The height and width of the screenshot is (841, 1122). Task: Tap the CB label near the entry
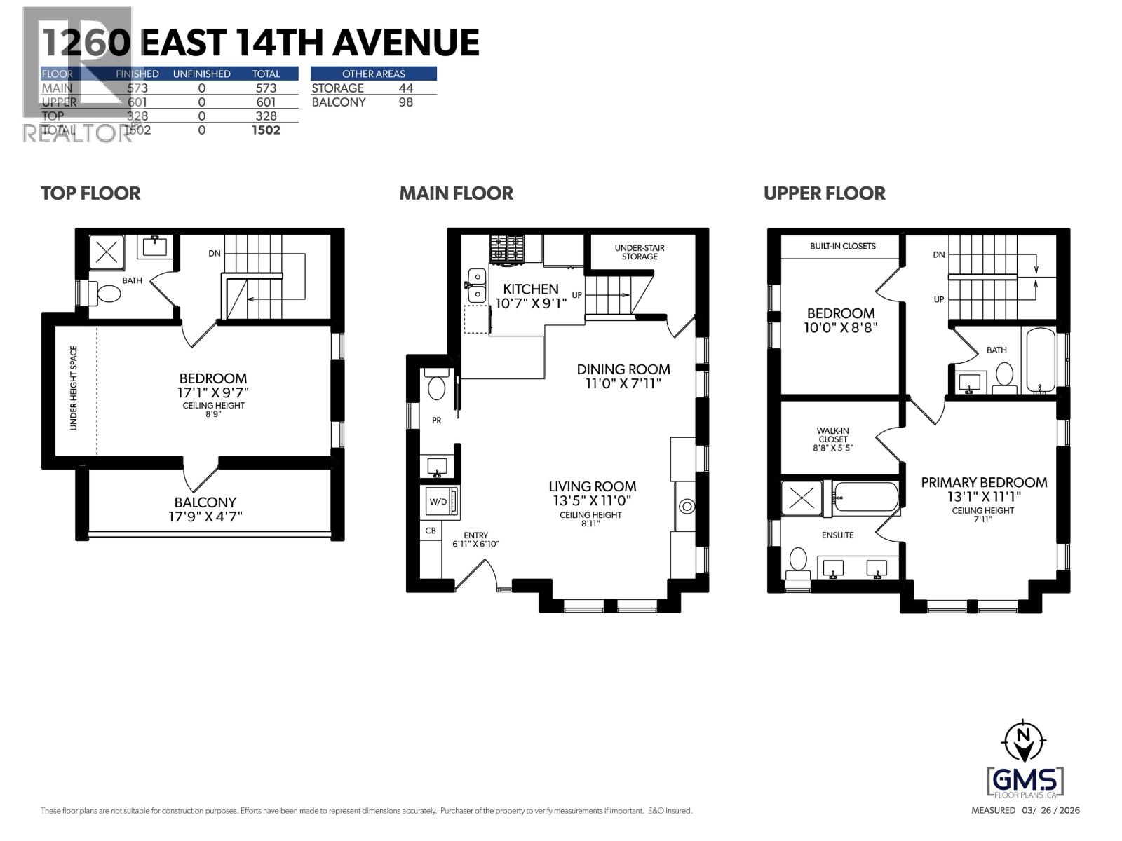click(x=431, y=531)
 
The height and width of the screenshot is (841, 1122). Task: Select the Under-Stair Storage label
click(x=640, y=252)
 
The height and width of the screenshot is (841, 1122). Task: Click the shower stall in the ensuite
click(x=801, y=499)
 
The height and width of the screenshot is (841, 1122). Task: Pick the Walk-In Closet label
click(x=833, y=439)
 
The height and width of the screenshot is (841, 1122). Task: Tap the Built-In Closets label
click(x=842, y=246)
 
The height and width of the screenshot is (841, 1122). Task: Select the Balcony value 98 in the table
click(x=405, y=102)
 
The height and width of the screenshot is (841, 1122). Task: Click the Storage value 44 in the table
click(x=405, y=88)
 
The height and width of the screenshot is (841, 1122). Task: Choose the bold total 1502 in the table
click(x=266, y=130)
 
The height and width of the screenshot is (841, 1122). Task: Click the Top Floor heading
click(x=90, y=193)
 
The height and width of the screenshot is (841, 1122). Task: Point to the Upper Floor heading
click(x=824, y=193)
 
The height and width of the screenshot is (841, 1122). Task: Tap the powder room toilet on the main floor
click(x=437, y=387)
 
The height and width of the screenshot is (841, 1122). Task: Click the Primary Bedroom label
click(x=984, y=482)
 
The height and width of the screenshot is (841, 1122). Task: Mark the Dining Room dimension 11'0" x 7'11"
click(x=623, y=383)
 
